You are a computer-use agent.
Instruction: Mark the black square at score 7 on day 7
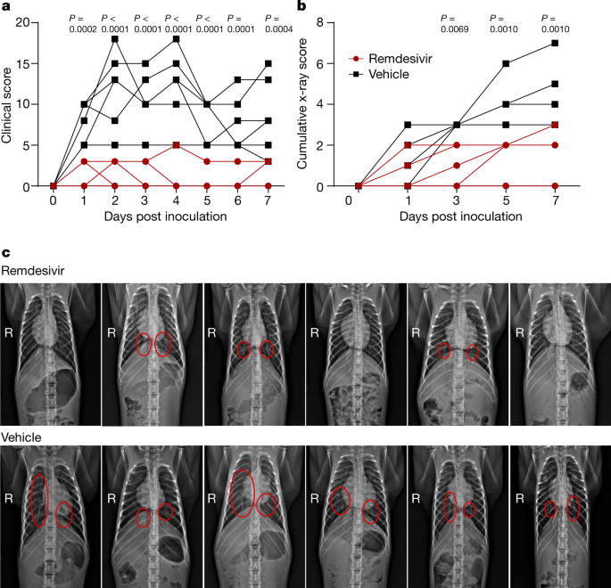tap(555, 42)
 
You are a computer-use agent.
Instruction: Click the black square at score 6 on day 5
tap(506, 63)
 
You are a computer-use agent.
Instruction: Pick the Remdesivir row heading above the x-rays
tap(35, 270)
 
